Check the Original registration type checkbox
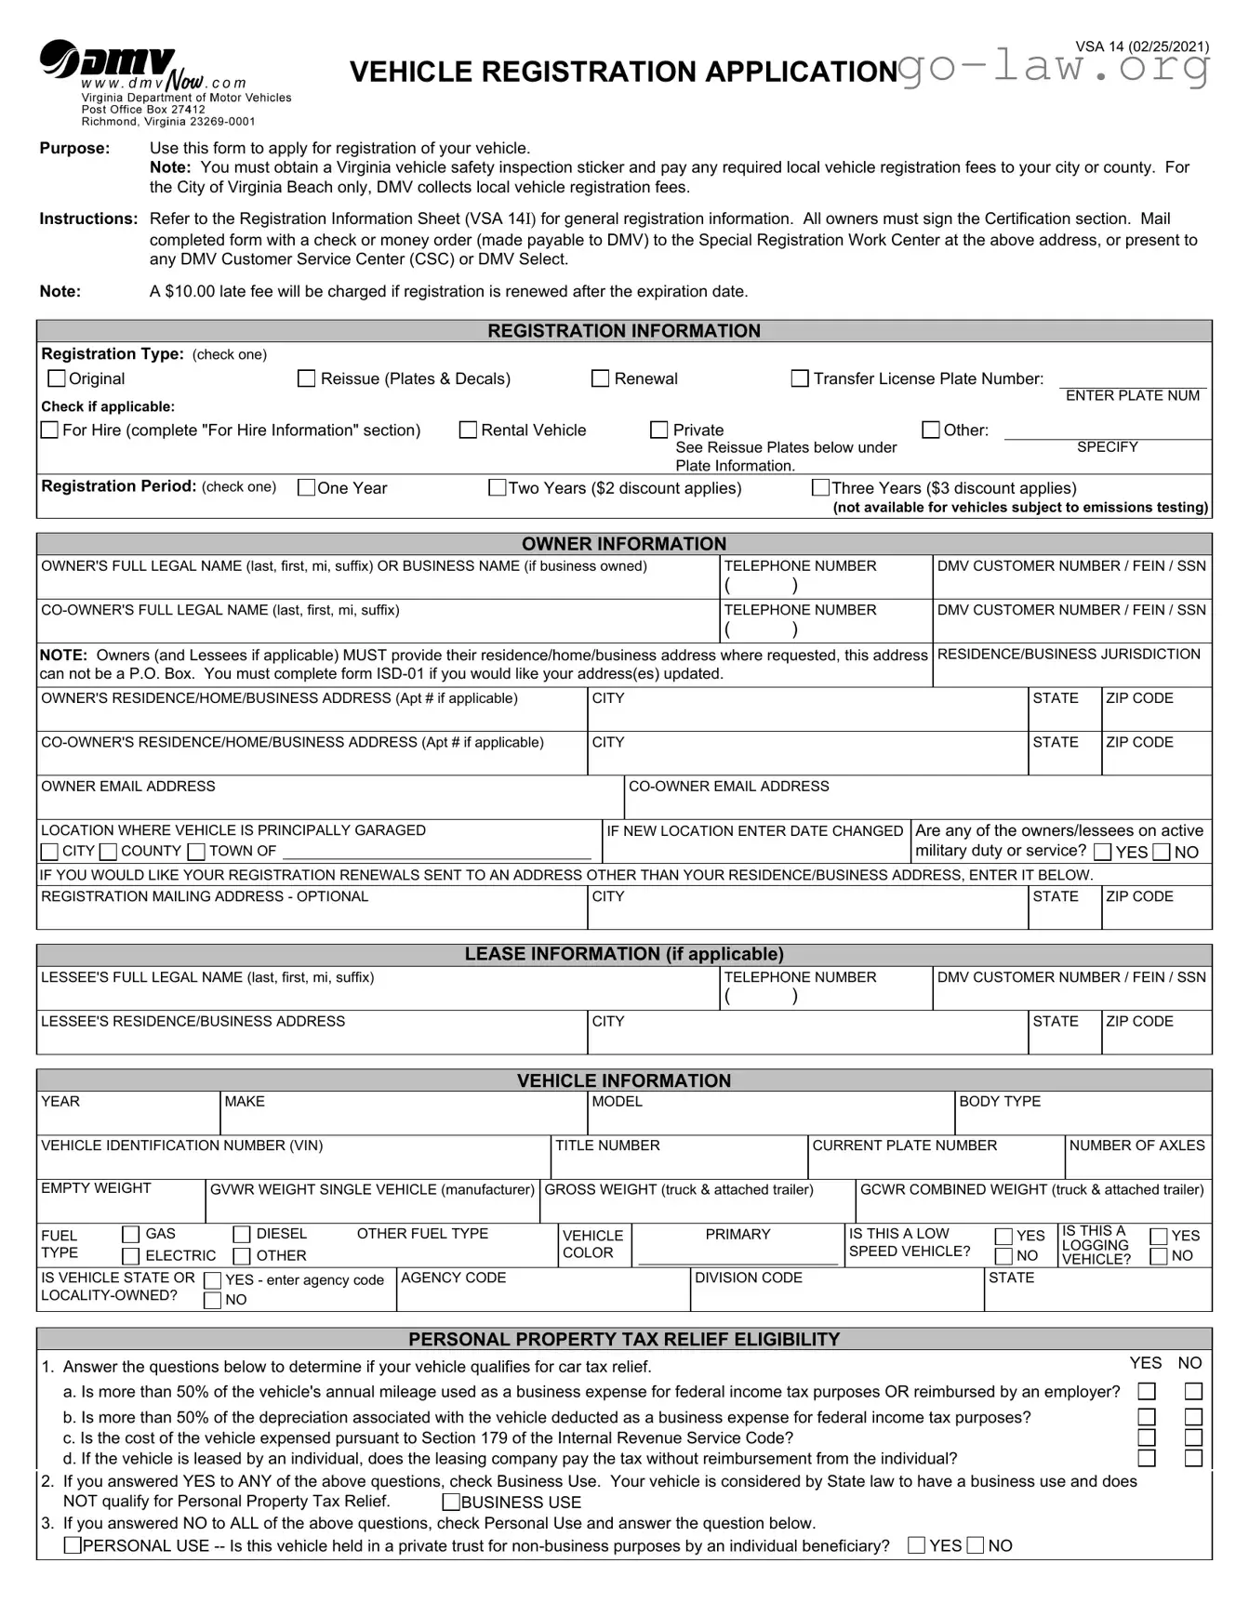point(57,378)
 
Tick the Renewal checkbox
point(601,378)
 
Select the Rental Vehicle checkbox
point(469,430)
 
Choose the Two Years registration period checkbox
point(498,488)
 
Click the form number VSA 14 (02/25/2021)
point(1142,46)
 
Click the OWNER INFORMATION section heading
point(623,544)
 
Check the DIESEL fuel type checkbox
point(242,1235)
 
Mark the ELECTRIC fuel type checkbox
point(131,1256)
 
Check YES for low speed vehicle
point(1003,1236)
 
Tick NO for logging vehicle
point(1159,1256)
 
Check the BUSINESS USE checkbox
point(451,1502)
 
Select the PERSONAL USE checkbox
point(73,1545)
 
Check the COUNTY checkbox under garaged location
point(109,852)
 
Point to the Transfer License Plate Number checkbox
point(800,378)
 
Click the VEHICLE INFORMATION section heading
point(623,1080)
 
